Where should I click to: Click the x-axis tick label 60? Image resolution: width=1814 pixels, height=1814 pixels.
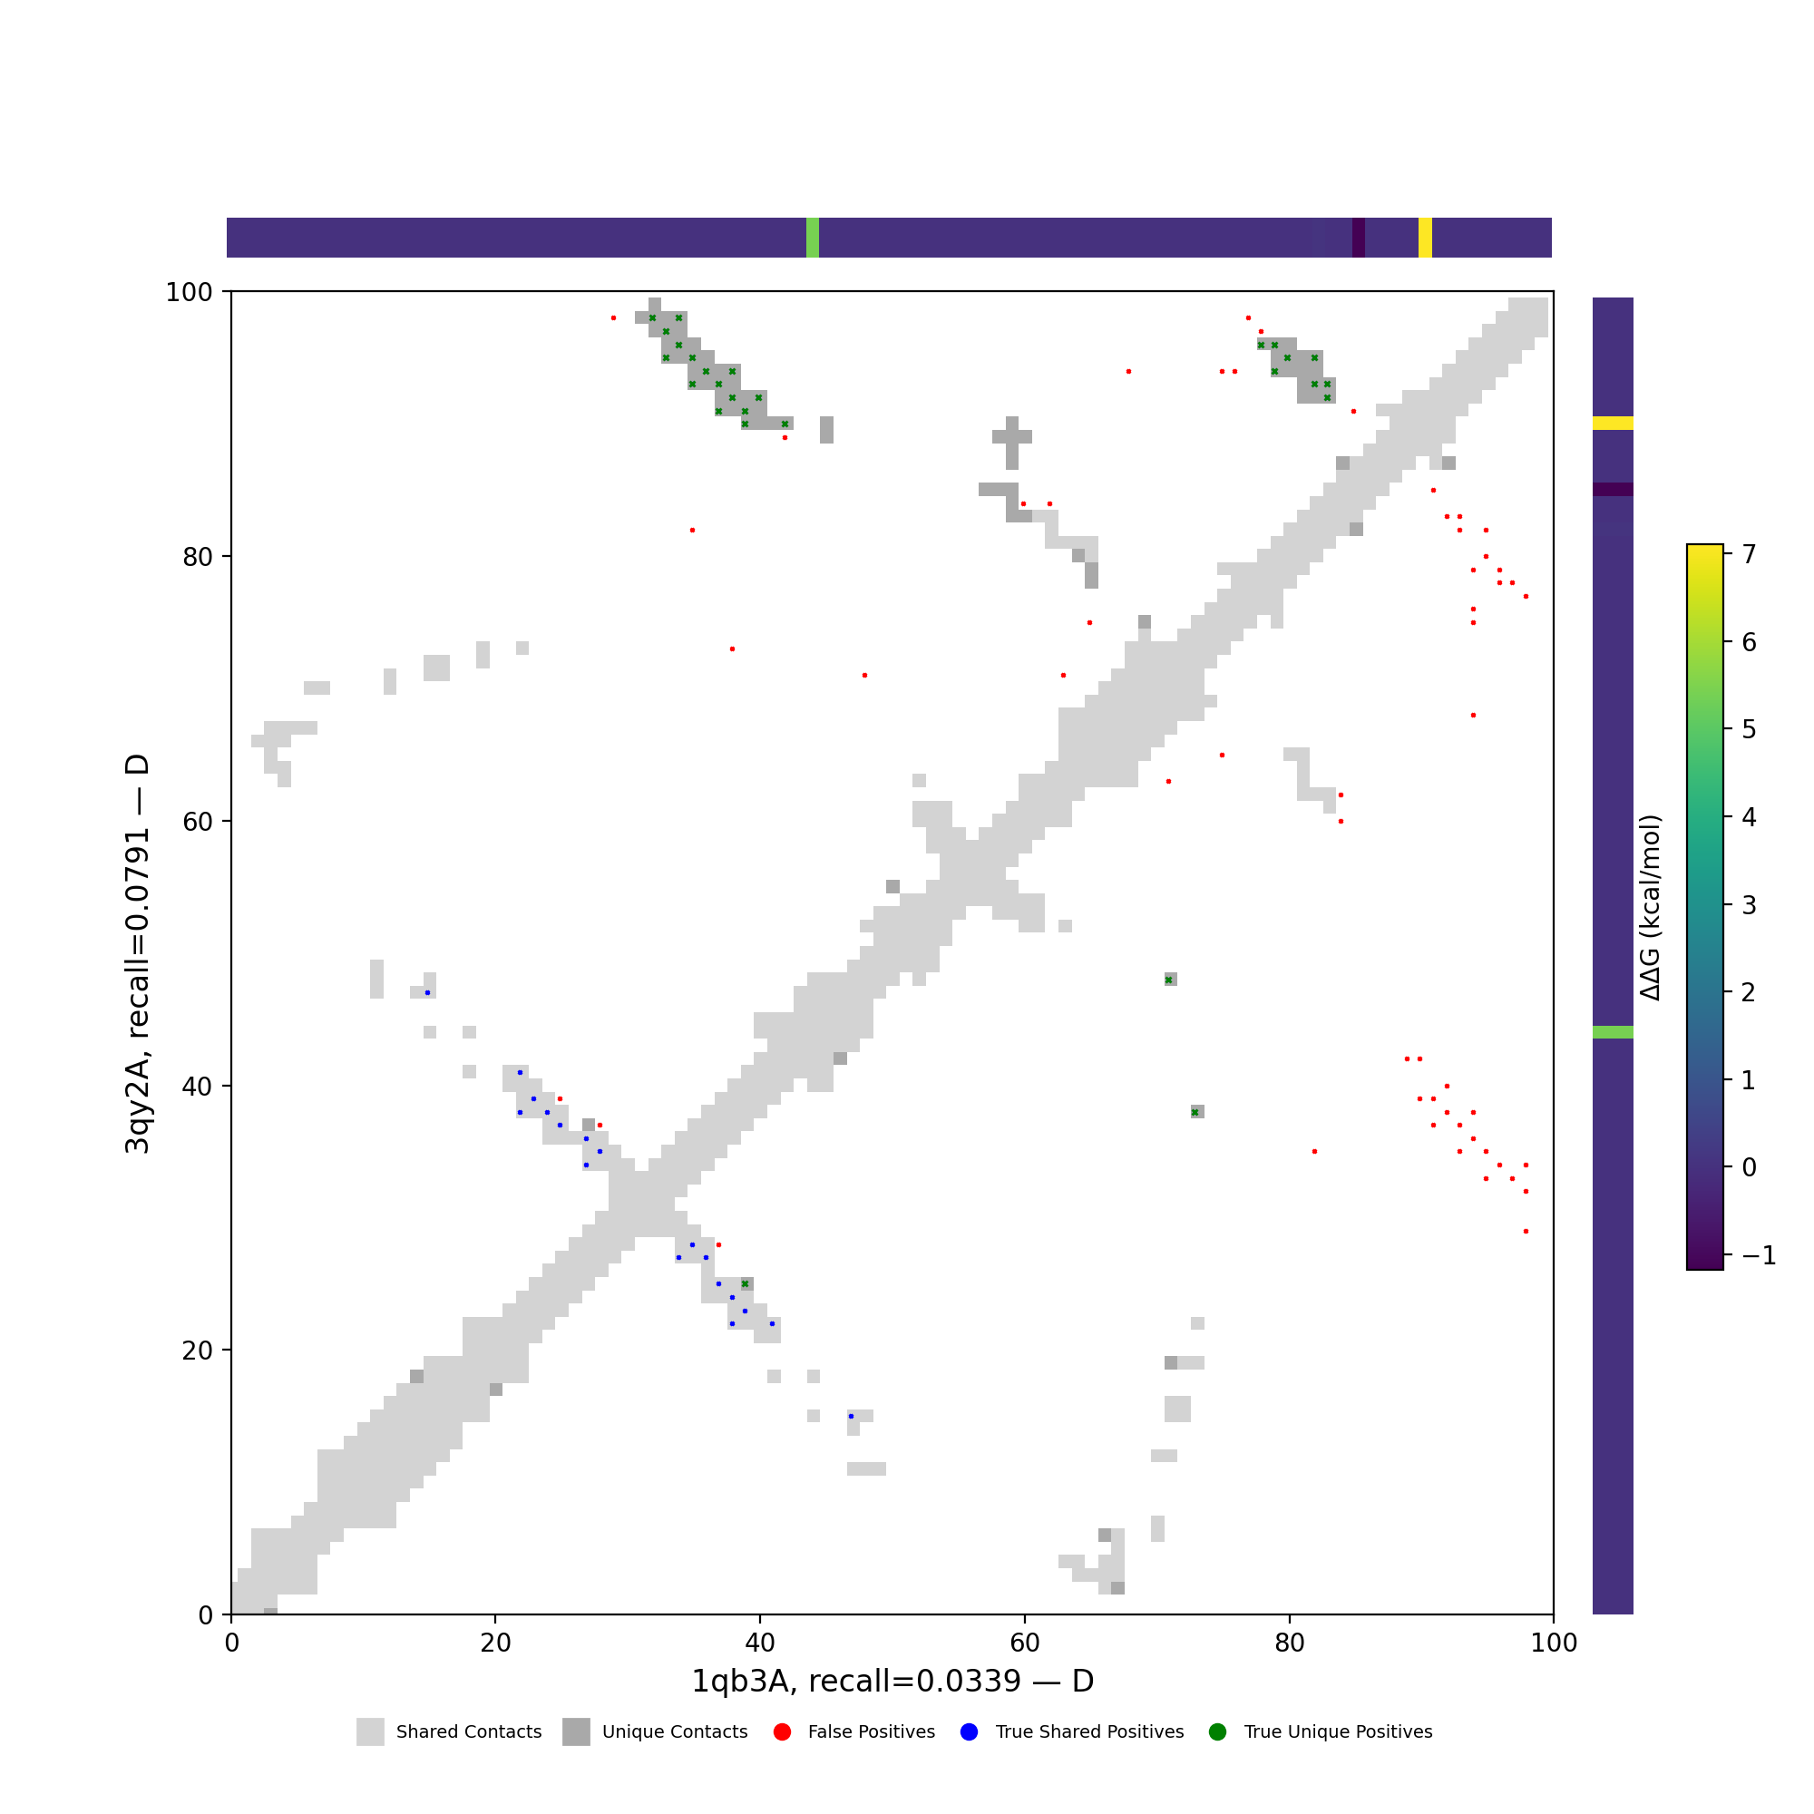[x=1024, y=1643]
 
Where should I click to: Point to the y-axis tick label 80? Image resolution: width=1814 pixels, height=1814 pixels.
[x=194, y=557]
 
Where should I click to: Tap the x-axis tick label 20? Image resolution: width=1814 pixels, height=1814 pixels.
[x=495, y=1643]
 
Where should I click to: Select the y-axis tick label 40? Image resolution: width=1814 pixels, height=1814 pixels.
[x=194, y=1087]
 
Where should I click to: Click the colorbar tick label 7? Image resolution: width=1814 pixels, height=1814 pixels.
[x=1750, y=555]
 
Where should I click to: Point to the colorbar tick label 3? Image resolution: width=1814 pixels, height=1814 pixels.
[x=1750, y=905]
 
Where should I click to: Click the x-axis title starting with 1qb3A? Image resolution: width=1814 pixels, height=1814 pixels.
[x=892, y=1681]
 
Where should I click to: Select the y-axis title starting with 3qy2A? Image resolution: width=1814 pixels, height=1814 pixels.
[x=137, y=954]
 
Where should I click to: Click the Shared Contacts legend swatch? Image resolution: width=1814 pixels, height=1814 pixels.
[x=370, y=1732]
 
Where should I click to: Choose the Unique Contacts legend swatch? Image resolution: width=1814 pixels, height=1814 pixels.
[x=577, y=1732]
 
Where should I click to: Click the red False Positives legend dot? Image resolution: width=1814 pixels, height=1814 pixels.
[x=782, y=1732]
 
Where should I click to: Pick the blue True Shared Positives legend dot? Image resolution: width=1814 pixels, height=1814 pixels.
[x=970, y=1732]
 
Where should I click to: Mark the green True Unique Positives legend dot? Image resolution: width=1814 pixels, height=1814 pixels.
[x=1218, y=1732]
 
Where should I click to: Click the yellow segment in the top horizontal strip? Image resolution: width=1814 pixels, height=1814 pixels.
[x=1425, y=238]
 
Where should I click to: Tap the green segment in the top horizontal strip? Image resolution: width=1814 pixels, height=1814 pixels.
[x=812, y=238]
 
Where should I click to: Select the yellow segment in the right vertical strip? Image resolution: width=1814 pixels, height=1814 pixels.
[x=1613, y=424]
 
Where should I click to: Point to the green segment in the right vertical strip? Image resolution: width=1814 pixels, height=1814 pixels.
[x=1613, y=1033]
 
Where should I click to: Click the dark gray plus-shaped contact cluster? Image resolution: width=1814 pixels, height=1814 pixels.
[x=1012, y=437]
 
